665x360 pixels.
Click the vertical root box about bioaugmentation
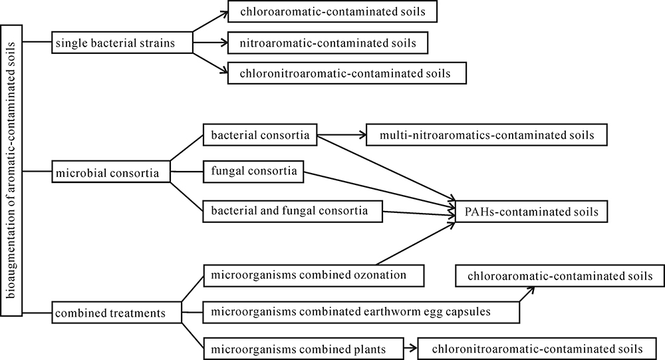click(x=13, y=169)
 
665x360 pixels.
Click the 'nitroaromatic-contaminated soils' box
click(x=327, y=43)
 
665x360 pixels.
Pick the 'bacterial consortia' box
click(x=260, y=136)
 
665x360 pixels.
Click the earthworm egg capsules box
click(x=360, y=311)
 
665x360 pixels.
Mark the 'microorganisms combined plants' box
click(x=304, y=349)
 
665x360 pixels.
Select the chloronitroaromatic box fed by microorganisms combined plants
click(x=537, y=349)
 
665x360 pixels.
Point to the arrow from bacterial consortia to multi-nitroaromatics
click(x=342, y=136)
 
